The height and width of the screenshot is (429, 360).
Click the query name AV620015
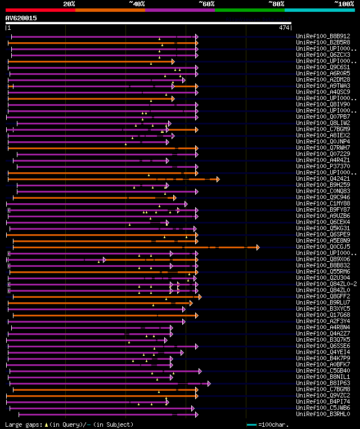pyautogui.click(x=21, y=18)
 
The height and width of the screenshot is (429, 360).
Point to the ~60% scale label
pyautogui.click(x=206, y=4)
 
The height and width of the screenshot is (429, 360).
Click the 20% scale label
pyautogui.click(x=69, y=4)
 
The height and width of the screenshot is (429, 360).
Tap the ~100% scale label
pyautogui.click(x=344, y=4)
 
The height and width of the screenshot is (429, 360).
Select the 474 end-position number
pyautogui.click(x=285, y=27)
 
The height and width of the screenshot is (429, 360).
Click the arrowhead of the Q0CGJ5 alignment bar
pyautogui.click(x=258, y=247)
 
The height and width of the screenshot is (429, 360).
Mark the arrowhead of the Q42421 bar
pyautogui.click(x=218, y=179)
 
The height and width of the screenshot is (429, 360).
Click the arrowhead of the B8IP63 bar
pyautogui.click(x=209, y=383)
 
